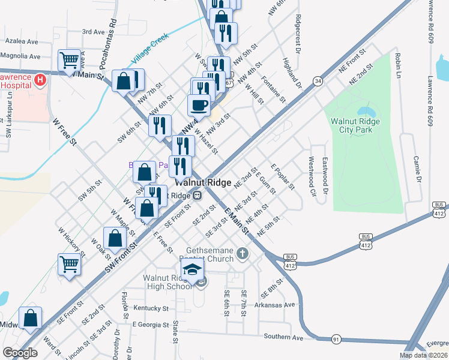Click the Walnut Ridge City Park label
click(355, 125)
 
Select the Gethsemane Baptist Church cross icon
click(243, 253)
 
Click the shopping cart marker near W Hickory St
click(70, 263)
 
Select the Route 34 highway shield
click(318, 81)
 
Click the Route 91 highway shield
click(336, 340)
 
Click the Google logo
click(20, 353)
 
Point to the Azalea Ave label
click(21, 42)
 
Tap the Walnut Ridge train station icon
click(196, 196)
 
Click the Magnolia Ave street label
click(20, 56)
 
